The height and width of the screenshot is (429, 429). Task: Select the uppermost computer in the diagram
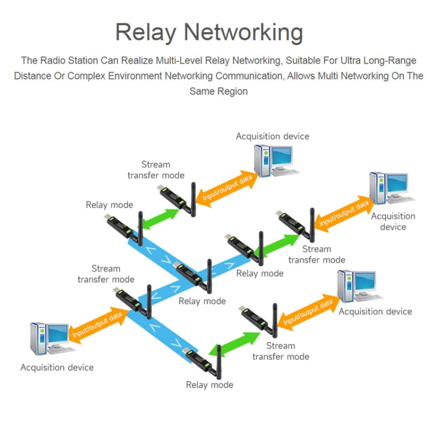[x=273, y=160]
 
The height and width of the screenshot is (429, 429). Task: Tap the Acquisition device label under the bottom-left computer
[x=57, y=367]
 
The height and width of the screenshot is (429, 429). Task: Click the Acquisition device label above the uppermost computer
[x=272, y=136]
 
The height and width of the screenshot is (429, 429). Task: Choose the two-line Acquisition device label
[x=393, y=221]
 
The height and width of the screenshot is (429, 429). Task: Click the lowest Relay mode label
[x=209, y=385]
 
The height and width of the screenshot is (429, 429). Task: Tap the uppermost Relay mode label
[x=109, y=205]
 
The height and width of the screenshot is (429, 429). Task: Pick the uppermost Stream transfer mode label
[x=156, y=170]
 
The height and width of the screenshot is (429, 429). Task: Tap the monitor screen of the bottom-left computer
[x=58, y=334]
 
